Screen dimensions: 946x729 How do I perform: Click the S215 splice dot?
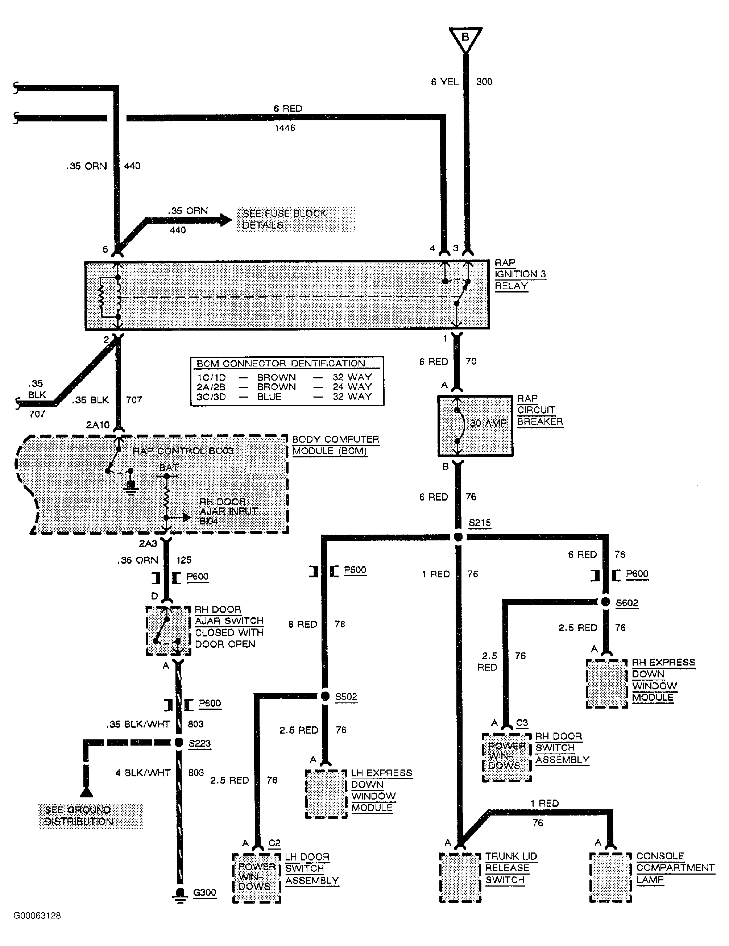pyautogui.click(x=458, y=537)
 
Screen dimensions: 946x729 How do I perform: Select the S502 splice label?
pyautogui.click(x=346, y=697)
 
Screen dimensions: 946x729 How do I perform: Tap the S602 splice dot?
pyautogui.click(x=605, y=602)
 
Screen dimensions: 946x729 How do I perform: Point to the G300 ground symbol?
pyautogui.click(x=180, y=893)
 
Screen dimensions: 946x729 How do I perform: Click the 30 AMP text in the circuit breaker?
pyautogui.click(x=488, y=423)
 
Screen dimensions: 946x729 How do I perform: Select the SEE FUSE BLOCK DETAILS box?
pyautogui.click(x=295, y=219)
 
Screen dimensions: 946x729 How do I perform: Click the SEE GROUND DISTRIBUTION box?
pyautogui.click(x=91, y=816)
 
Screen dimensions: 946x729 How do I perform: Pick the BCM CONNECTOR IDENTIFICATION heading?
pyautogui.click(x=281, y=364)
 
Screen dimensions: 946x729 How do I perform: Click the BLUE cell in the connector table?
pyautogui.click(x=269, y=397)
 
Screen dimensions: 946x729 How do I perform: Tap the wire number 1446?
pyautogui.click(x=285, y=128)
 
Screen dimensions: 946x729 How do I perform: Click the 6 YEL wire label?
pyautogui.click(x=444, y=82)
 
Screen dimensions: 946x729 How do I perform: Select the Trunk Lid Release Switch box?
pyautogui.click(x=460, y=877)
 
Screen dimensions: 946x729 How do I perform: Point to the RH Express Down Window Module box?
pyautogui.click(x=606, y=684)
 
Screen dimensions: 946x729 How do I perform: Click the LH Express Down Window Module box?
pyautogui.click(x=326, y=794)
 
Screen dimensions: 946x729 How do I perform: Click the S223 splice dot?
pyautogui.click(x=178, y=743)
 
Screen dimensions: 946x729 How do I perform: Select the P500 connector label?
pyautogui.click(x=355, y=570)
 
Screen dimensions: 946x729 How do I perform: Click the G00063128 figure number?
pyautogui.click(x=37, y=916)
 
